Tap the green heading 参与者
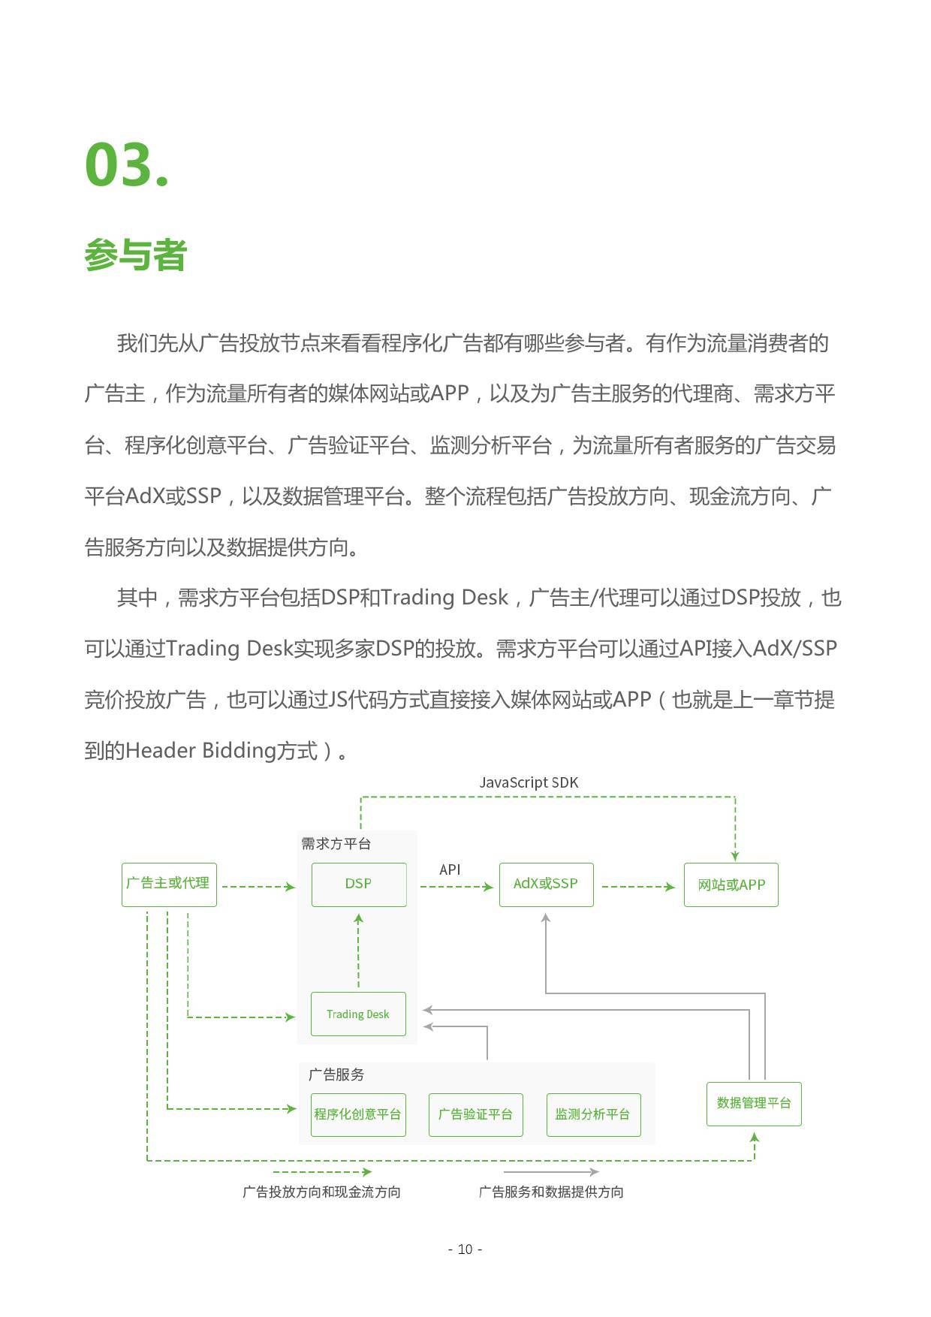[135, 255]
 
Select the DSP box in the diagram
[359, 884]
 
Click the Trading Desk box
[358, 1014]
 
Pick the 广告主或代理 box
[169, 884]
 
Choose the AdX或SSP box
[546, 884]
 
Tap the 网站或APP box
[731, 885]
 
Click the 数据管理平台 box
[754, 1103]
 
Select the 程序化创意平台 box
[358, 1114]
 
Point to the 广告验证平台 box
[475, 1114]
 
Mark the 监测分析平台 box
[593, 1114]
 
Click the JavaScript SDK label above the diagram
[529, 782]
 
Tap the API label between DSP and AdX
[450, 869]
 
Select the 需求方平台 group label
[336, 844]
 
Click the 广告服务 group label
[336, 1074]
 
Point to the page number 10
[465, 1249]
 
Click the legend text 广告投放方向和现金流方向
[321, 1192]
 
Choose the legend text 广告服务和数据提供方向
[551, 1192]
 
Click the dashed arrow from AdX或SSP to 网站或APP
[638, 887]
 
